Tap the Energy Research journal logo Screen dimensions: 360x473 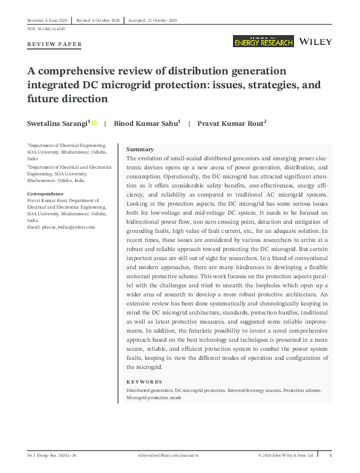pos(263,41)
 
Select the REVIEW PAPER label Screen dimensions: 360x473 pos(54,45)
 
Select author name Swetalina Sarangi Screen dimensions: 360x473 pos(58,123)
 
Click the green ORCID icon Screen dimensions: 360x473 pos(94,123)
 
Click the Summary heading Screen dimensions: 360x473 pos(140,149)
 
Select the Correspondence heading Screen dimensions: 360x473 pos(46,194)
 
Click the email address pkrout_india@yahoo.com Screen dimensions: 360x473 pos(61,227)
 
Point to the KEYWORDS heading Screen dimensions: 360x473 pos(144,382)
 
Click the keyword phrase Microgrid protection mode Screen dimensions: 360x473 pos(154,397)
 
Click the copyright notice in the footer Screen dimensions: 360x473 pos(286,455)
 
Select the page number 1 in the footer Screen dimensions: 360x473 pos(330,455)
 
